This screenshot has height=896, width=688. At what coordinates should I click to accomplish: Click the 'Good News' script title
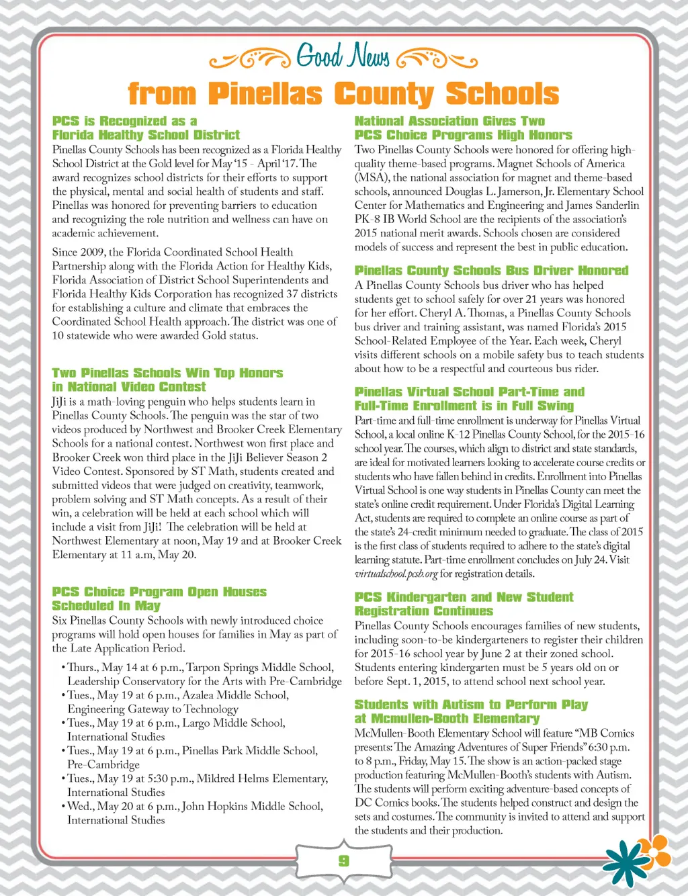tap(343, 57)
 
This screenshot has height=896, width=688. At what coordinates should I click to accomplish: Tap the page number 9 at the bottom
tap(343, 860)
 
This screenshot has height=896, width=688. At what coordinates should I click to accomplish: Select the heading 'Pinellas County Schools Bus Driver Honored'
tap(491, 271)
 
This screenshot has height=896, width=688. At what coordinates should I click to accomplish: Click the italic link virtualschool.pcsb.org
tap(396, 574)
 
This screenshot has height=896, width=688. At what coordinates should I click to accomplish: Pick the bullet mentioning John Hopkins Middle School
tap(195, 806)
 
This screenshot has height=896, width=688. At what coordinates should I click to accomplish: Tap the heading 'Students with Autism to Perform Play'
tap(471, 705)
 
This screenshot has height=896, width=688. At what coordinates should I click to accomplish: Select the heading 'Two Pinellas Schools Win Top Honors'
tap(167, 373)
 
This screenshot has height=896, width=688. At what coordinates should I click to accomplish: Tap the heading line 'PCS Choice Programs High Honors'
tap(463, 135)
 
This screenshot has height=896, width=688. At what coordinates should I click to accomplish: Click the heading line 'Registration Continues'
tap(423, 611)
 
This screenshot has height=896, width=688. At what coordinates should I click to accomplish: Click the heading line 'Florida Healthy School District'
tap(146, 135)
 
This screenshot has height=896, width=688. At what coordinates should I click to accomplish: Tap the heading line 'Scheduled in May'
tap(106, 606)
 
